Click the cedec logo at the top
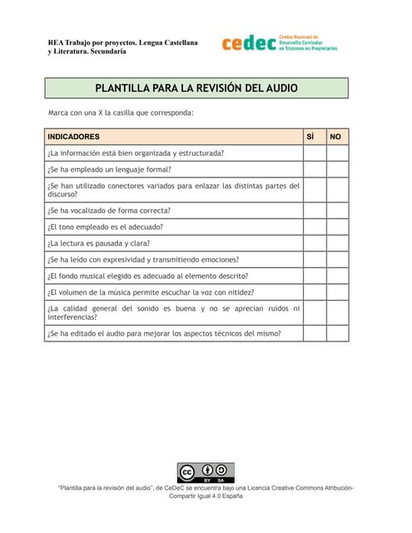click(x=279, y=43)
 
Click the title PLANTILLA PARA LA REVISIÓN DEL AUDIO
click(x=196, y=87)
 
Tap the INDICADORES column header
click(x=74, y=137)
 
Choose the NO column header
click(x=336, y=137)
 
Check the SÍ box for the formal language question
click(x=314, y=169)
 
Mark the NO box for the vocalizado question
click(x=337, y=210)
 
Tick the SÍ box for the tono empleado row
click(x=314, y=227)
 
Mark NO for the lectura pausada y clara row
click(x=337, y=243)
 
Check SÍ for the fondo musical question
click(x=314, y=276)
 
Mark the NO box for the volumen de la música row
click(x=337, y=292)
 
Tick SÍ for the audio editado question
click(x=314, y=333)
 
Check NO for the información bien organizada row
click(x=337, y=152)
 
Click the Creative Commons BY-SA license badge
click(x=206, y=472)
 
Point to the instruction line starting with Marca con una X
click(x=122, y=112)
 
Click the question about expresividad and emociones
click(x=143, y=260)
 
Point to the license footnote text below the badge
click(x=206, y=491)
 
